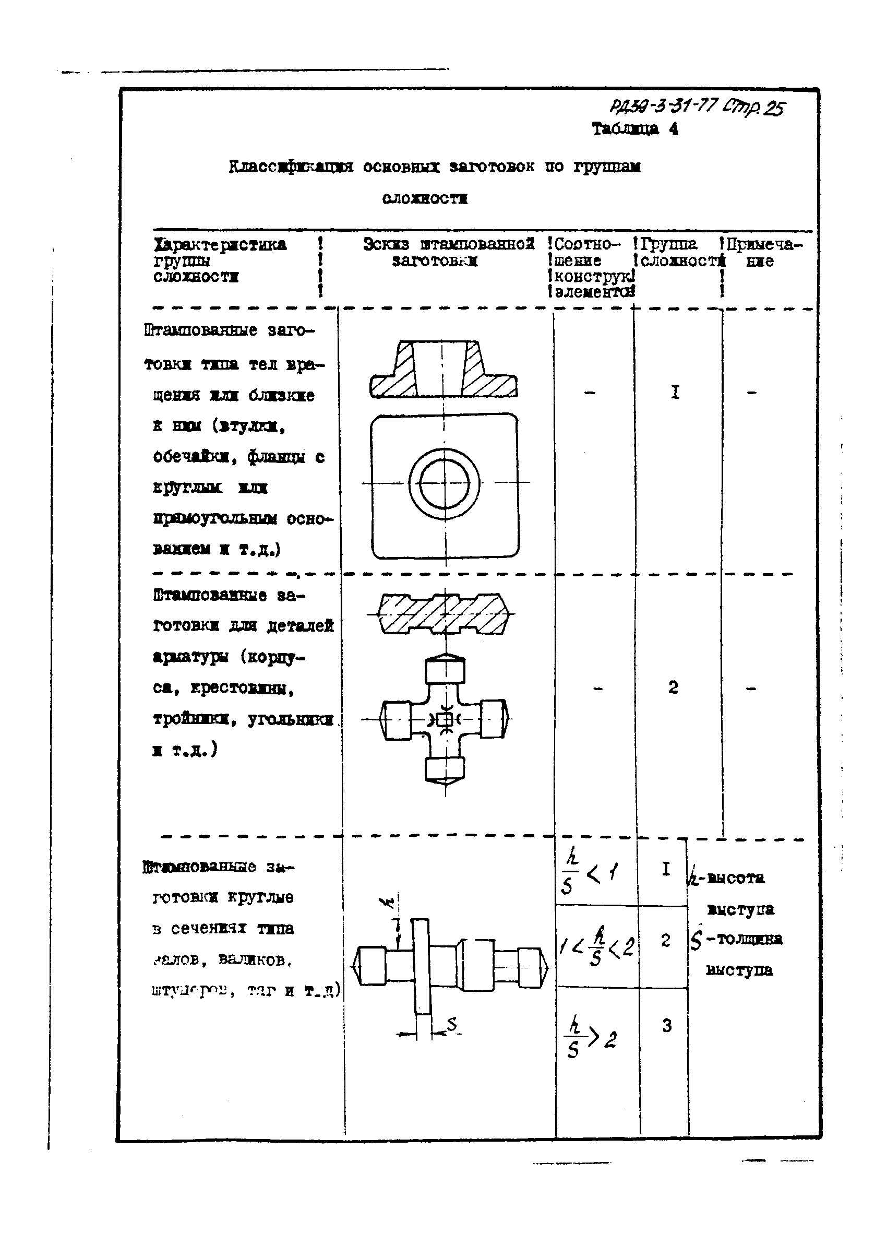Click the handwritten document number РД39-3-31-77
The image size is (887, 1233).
coord(663,105)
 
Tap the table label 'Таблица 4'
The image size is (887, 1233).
coord(634,129)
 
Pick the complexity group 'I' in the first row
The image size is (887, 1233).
coord(675,392)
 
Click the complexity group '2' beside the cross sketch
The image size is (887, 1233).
coord(673,687)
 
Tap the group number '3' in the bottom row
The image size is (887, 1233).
coord(666,1025)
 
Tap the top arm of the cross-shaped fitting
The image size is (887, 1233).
coord(445,670)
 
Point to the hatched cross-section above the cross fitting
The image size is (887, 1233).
coord(444,614)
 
